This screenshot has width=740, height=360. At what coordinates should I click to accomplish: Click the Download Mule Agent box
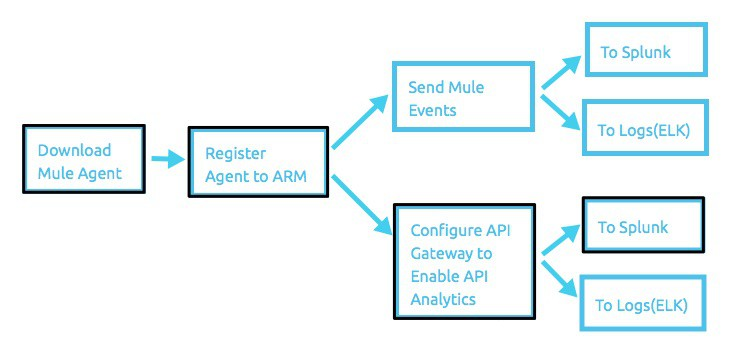coord(82,161)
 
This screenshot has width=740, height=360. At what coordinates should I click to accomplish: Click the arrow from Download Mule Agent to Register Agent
coord(166,158)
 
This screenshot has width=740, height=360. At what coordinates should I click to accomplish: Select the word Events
coord(432,110)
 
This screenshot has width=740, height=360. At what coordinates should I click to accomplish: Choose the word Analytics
coord(442,299)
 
